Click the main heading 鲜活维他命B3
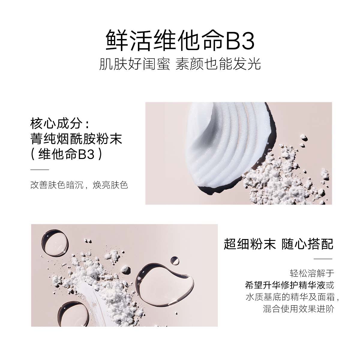click(180, 40)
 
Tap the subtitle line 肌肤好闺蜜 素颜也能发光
click(180, 64)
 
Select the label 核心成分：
click(60, 123)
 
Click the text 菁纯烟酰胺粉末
click(76, 139)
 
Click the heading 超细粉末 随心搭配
click(278, 244)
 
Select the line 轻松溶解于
click(312, 273)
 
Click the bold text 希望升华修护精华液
click(285, 285)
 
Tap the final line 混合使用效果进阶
click(298, 309)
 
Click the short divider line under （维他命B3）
click(40, 170)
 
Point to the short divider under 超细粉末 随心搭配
click(323, 259)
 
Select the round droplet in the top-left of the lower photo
click(55, 242)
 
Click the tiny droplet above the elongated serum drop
click(175, 260)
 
